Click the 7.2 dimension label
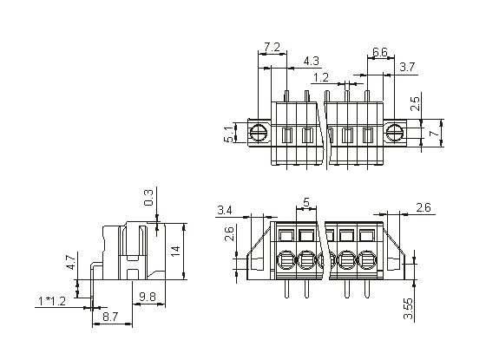(x=273, y=48)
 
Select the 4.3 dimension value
(x=311, y=61)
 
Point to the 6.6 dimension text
(x=380, y=52)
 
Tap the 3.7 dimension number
(x=407, y=67)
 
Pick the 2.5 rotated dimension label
(x=415, y=104)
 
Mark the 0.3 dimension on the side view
(x=148, y=198)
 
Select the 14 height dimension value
(x=175, y=251)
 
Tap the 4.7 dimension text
(x=70, y=262)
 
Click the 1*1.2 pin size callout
(x=52, y=301)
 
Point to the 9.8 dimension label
(x=147, y=297)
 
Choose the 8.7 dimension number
(x=110, y=317)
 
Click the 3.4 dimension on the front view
(x=225, y=210)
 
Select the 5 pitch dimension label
(x=306, y=202)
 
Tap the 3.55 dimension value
(x=408, y=309)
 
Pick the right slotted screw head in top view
(x=394, y=133)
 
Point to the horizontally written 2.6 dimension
(x=424, y=207)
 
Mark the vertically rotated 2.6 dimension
(x=229, y=234)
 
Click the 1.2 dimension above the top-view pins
(x=321, y=77)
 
